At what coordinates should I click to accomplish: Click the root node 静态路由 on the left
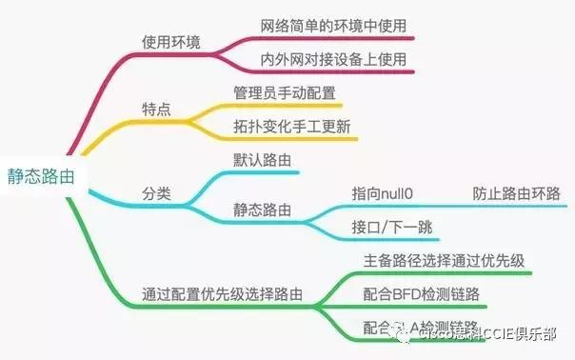[40, 177]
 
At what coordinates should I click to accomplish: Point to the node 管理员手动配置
[286, 93]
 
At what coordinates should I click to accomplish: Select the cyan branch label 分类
[156, 193]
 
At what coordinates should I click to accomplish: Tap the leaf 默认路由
[261, 160]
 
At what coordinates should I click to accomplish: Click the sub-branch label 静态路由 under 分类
[262, 209]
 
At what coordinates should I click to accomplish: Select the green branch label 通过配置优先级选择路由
[222, 294]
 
